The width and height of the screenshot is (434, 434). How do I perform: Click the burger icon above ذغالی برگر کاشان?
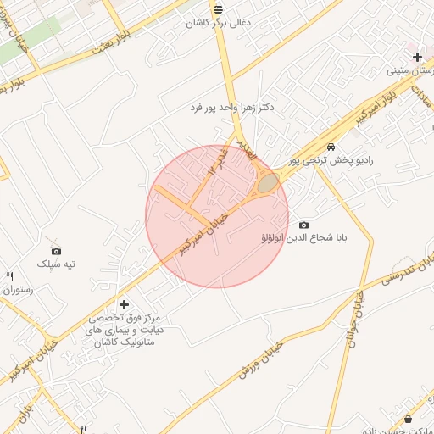point(219,9)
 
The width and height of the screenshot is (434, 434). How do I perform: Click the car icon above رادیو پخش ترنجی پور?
point(318,146)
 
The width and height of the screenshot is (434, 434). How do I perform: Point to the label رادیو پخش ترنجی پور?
point(331,159)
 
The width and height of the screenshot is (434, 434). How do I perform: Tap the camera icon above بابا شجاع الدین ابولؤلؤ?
point(303,225)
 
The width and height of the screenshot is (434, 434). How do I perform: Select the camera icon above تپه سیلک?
point(56,251)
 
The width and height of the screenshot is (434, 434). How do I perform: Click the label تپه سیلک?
point(56,264)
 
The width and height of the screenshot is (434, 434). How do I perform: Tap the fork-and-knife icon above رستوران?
point(10,276)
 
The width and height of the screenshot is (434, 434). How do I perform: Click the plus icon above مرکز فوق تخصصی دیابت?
point(125,304)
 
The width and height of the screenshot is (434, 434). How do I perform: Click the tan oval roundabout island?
point(268,182)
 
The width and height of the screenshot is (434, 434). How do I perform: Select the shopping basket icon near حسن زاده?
point(408,419)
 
